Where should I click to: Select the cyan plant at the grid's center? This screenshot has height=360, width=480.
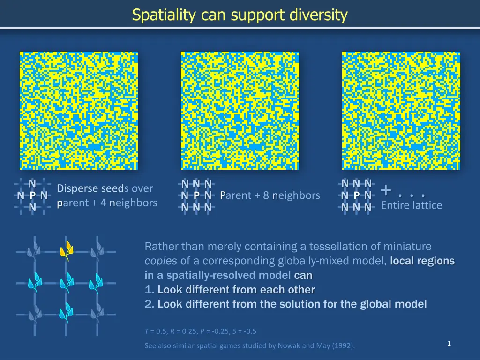pos(66,283)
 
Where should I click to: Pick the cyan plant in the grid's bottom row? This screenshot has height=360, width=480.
pos(66,313)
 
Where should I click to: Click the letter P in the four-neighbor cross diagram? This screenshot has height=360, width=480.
pos(32,195)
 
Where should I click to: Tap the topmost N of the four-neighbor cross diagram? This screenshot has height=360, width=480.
pos(32,183)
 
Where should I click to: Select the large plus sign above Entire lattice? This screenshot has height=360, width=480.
pos(386,190)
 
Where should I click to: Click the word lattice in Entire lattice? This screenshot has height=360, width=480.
pos(427,205)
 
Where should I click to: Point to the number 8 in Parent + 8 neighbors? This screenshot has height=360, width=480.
pos(266,195)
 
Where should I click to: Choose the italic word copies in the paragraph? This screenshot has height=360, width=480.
pos(160,261)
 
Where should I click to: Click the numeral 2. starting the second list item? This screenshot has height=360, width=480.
pos(150,304)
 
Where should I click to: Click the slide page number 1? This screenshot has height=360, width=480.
pos(449,344)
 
